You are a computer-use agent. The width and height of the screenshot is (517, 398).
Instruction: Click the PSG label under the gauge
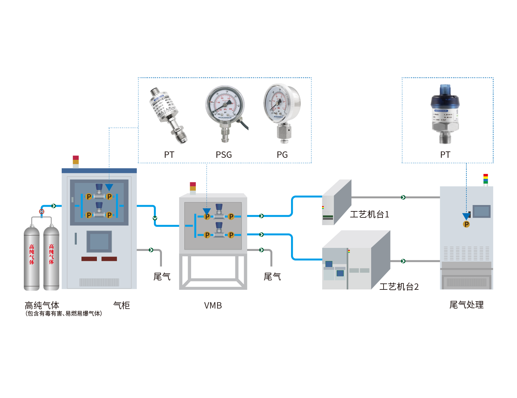pyautogui.click(x=224, y=155)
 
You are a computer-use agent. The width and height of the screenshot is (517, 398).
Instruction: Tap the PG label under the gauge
pyautogui.click(x=282, y=155)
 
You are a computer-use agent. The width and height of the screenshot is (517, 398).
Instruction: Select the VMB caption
pyautogui.click(x=213, y=306)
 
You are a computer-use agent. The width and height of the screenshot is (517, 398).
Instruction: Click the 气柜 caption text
pyautogui.click(x=121, y=305)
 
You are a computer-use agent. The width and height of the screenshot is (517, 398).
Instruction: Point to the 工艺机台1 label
pyautogui.click(x=369, y=214)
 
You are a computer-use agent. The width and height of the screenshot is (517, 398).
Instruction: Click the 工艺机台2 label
pyautogui.click(x=399, y=287)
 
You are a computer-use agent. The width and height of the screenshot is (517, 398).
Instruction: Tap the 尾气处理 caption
pyautogui.click(x=466, y=305)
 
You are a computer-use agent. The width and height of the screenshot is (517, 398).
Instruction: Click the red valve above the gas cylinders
pyautogui.click(x=42, y=211)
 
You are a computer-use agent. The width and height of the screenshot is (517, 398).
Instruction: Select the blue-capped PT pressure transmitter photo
pyautogui.click(x=445, y=114)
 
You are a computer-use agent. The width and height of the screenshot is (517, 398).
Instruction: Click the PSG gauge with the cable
pyautogui.click(x=225, y=112)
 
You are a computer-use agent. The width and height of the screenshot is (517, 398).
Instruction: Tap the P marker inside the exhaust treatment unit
pyautogui.click(x=466, y=224)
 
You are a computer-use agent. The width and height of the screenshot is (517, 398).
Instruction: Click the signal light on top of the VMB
pyautogui.click(x=193, y=188)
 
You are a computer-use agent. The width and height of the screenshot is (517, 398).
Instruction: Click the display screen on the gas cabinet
pyautogui.click(x=99, y=241)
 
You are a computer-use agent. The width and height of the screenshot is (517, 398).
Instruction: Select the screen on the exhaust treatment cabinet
pyautogui.click(x=482, y=211)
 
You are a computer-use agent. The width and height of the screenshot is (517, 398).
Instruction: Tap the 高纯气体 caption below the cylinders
pyautogui.click(x=42, y=305)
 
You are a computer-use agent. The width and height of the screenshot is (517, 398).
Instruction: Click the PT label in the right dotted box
pyautogui.click(x=445, y=155)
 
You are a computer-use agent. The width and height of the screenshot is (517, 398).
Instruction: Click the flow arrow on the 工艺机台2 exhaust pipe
pyautogui.click(x=403, y=261)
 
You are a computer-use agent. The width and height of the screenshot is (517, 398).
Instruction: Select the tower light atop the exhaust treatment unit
pyautogui.click(x=486, y=179)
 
